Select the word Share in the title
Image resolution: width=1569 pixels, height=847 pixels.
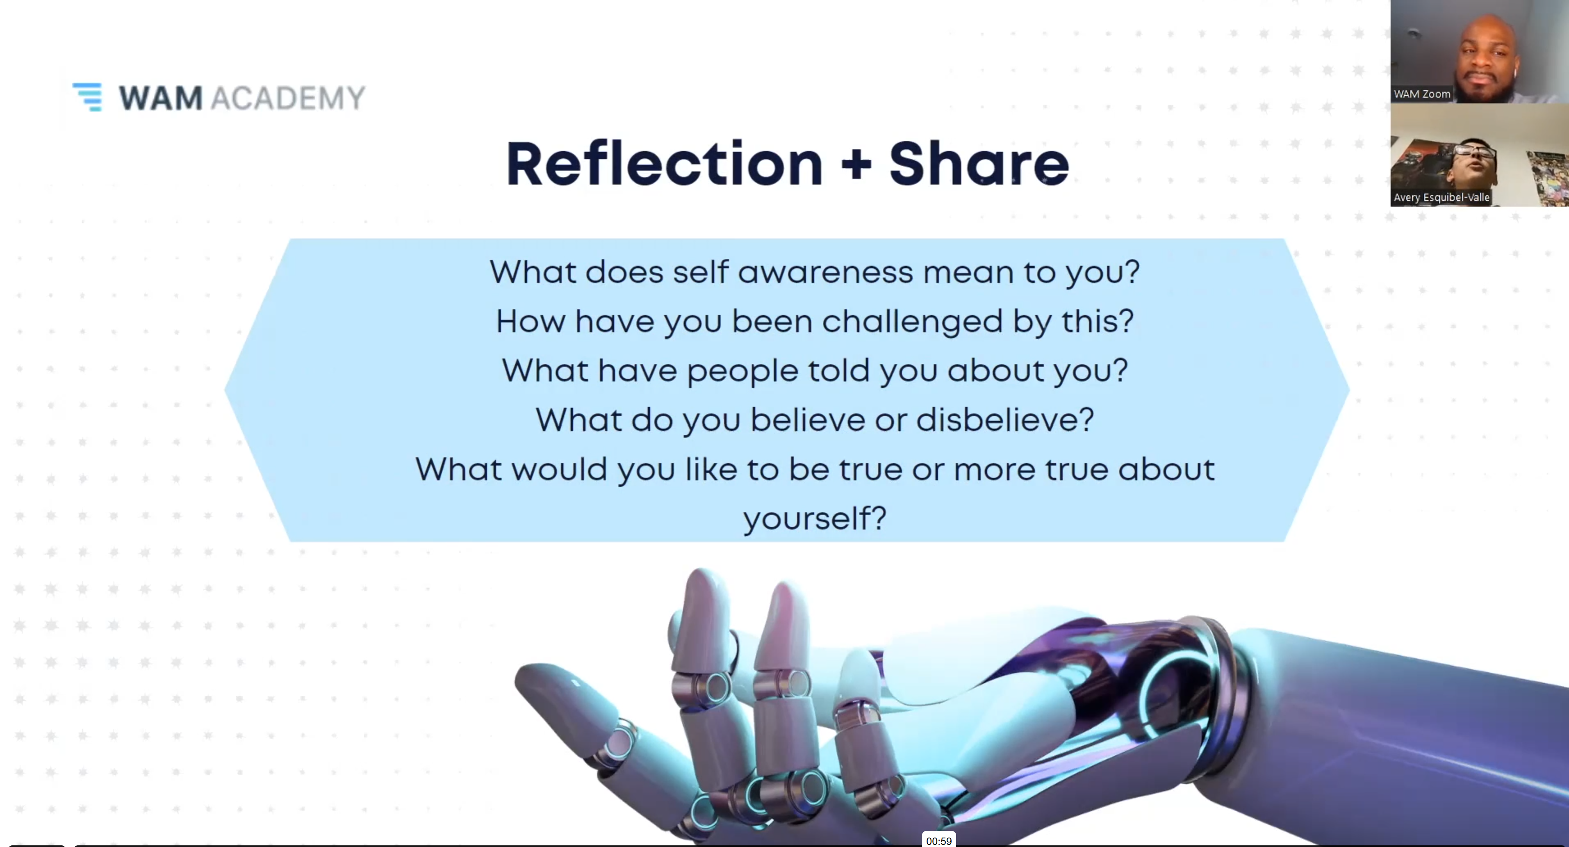pyautogui.click(x=979, y=163)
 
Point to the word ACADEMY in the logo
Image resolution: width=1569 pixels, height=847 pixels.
pyautogui.click(x=287, y=98)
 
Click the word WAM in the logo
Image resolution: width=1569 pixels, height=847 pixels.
pyautogui.click(x=160, y=98)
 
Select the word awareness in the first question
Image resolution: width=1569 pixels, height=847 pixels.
pyautogui.click(x=825, y=272)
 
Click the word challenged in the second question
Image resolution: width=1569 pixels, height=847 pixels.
pyautogui.click(x=912, y=321)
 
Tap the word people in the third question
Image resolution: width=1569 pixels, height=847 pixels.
pyautogui.click(x=742, y=371)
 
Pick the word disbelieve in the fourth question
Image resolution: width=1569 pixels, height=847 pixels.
pyautogui.click(x=1005, y=420)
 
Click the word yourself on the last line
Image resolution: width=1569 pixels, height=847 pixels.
pyautogui.click(x=814, y=519)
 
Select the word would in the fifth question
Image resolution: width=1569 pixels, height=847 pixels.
pyautogui.click(x=558, y=469)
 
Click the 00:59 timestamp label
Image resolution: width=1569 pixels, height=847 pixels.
pyautogui.click(x=938, y=841)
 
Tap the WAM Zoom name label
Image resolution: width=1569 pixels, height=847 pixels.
pyautogui.click(x=1421, y=94)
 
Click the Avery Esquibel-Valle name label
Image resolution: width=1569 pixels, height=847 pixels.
pyautogui.click(x=1441, y=197)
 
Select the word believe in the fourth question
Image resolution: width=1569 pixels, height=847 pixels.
pyautogui.click(x=808, y=420)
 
